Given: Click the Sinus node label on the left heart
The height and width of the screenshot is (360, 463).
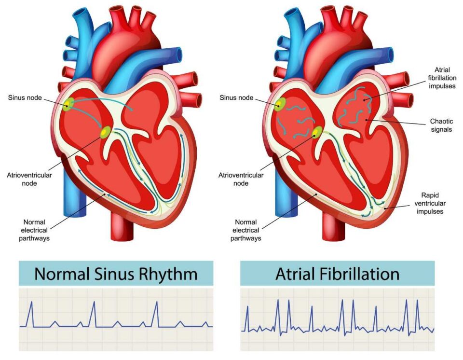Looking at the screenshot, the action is click(25, 97).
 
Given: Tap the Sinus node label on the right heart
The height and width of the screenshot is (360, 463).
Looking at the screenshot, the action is click(236, 97).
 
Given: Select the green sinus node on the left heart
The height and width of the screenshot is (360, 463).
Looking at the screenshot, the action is click(68, 104).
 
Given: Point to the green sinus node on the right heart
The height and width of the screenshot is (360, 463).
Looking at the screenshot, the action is click(280, 104).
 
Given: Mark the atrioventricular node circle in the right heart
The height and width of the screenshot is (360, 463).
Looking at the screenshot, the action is click(317, 132).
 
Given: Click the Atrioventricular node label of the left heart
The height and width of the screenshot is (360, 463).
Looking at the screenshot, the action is click(29, 179).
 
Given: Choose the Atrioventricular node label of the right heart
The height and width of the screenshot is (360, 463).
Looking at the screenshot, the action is click(241, 179).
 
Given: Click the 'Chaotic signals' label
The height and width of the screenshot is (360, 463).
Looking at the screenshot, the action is click(441, 125).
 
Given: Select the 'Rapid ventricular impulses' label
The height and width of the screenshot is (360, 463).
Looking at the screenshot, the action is click(430, 203).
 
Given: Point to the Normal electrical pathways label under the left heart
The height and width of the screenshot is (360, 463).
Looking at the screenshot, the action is click(34, 230).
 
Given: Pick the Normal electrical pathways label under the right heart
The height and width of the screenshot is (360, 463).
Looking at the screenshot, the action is click(245, 230).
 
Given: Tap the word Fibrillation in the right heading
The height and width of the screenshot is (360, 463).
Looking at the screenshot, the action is click(360, 274).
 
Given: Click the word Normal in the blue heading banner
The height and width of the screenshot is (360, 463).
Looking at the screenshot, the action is click(62, 274).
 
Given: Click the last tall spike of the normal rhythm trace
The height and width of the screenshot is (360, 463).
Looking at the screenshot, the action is click(156, 314).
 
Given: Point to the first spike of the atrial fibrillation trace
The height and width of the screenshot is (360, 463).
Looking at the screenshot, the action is click(247, 318).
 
